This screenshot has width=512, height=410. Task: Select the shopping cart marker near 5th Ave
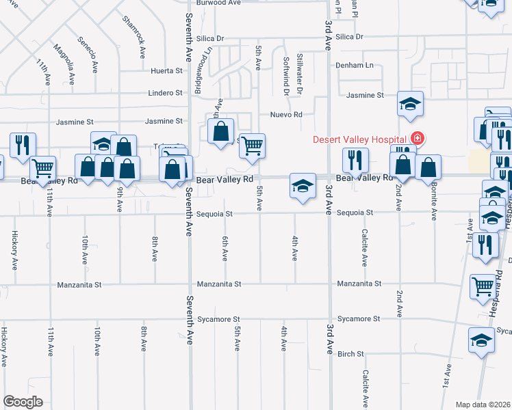[253, 146]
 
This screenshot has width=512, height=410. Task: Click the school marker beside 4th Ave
[303, 186]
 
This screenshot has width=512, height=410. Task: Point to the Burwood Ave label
[219, 3]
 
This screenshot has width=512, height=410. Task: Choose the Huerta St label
[168, 70]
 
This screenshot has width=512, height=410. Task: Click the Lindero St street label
[166, 93]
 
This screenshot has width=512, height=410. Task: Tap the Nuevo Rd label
[286, 115]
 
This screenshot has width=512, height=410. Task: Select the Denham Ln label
[355, 66]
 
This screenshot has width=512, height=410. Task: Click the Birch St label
[350, 354]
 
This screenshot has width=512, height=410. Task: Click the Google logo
[23, 402]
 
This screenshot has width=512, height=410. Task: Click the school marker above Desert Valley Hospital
[411, 104]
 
